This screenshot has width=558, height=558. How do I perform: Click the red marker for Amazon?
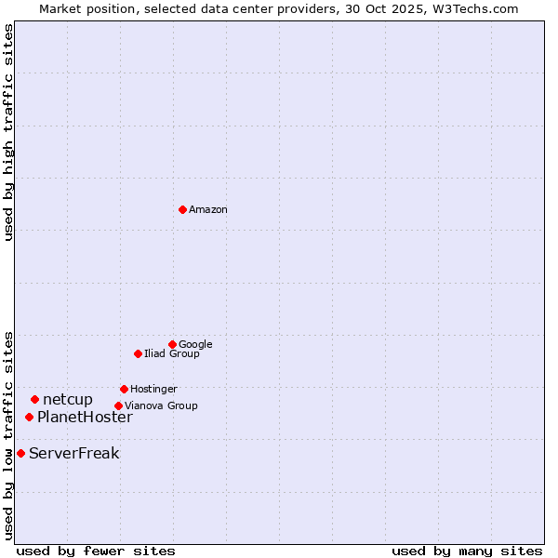coord(182,209)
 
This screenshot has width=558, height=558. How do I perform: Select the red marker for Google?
coord(172,344)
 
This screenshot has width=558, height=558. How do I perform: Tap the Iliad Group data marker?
coord(138,353)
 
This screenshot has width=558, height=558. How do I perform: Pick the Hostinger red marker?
coord(124,389)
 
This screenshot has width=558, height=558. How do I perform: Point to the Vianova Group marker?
coord(118,405)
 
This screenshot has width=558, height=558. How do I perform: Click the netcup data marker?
coord(34,399)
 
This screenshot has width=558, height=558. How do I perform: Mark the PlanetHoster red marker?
coord(29,417)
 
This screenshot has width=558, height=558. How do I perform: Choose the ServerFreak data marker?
coord(20,453)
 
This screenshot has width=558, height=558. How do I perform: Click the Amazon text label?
coord(208,210)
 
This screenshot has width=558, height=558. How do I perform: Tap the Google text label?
coord(195,344)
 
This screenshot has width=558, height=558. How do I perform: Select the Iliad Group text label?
coord(172,353)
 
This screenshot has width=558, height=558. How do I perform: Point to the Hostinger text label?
coord(153,389)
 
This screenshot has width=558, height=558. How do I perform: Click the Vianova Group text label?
coord(161,405)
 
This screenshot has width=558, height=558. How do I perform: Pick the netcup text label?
coord(68,400)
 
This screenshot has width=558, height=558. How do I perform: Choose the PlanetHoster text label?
coord(85,417)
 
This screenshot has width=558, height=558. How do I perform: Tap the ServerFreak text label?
coord(74,454)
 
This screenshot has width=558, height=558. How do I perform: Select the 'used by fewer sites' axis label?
coord(96,551)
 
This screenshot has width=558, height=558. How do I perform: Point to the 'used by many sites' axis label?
coord(467,551)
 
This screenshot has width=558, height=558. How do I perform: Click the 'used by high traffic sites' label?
coord(8,132)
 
